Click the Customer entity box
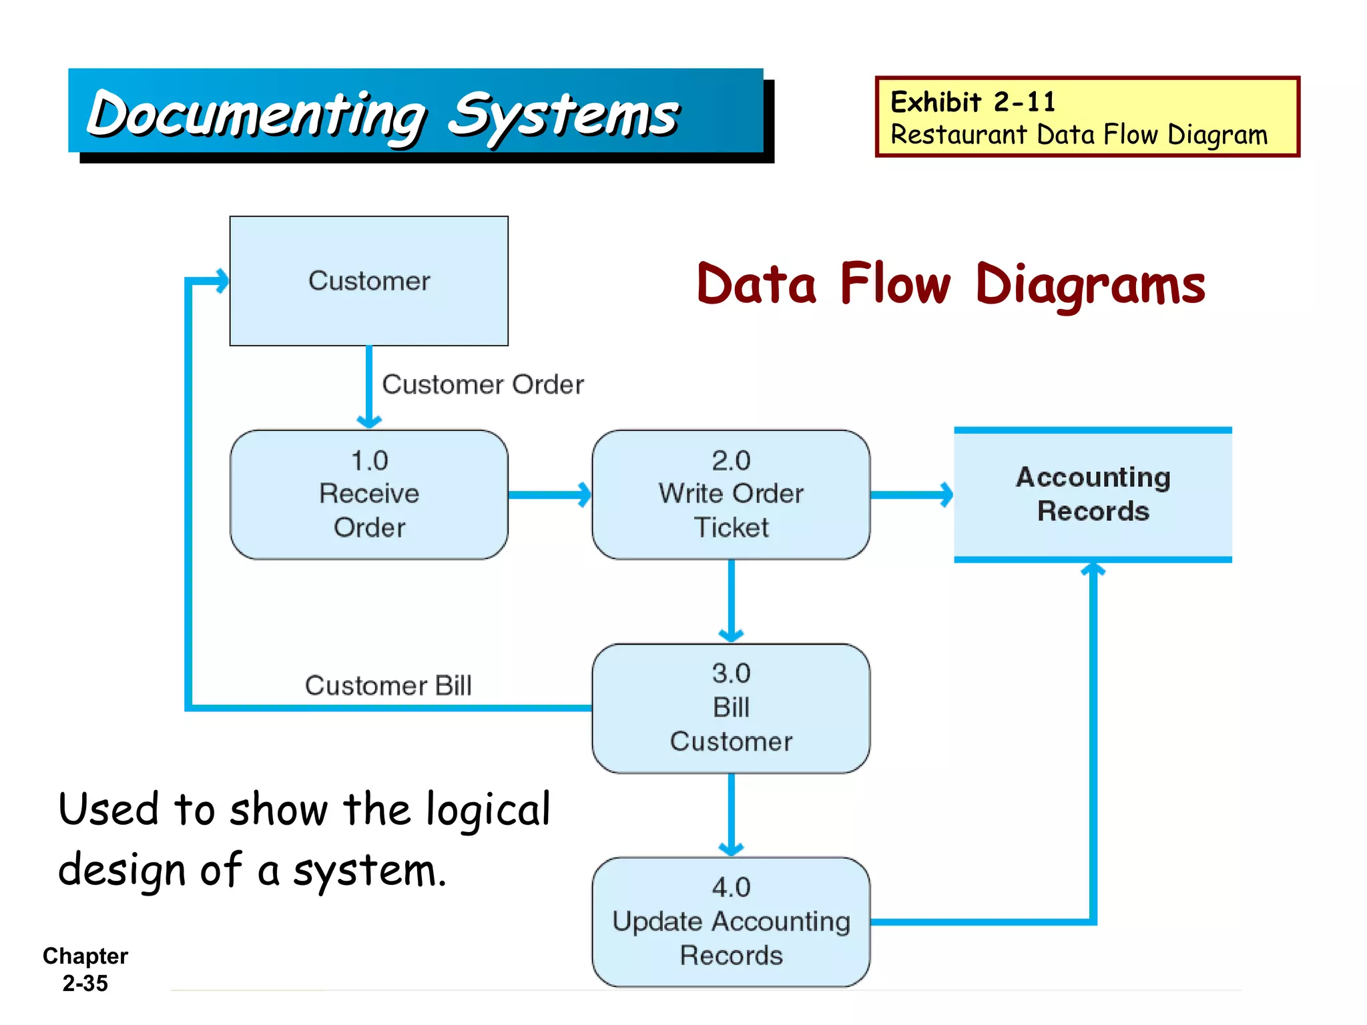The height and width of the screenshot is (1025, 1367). click(368, 281)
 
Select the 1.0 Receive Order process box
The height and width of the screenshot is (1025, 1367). click(368, 494)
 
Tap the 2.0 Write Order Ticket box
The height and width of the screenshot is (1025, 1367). click(731, 494)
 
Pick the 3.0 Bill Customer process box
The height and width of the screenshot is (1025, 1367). click(731, 708)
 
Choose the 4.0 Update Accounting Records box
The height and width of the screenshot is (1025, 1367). click(731, 922)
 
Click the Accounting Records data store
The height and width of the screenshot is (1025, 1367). click(1093, 494)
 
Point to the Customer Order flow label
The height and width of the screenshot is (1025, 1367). click(483, 385)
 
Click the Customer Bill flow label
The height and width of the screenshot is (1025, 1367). click(388, 686)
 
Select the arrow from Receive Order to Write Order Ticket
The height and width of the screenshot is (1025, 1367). click(549, 494)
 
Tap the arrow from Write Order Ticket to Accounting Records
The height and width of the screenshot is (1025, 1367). click(912, 494)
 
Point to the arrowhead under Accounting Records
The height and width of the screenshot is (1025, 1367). click(1093, 569)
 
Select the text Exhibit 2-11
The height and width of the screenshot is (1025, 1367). click(973, 102)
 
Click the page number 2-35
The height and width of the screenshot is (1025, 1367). click(85, 983)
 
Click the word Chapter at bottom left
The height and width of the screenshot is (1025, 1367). click(85, 956)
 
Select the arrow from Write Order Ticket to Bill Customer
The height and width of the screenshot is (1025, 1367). click(731, 601)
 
